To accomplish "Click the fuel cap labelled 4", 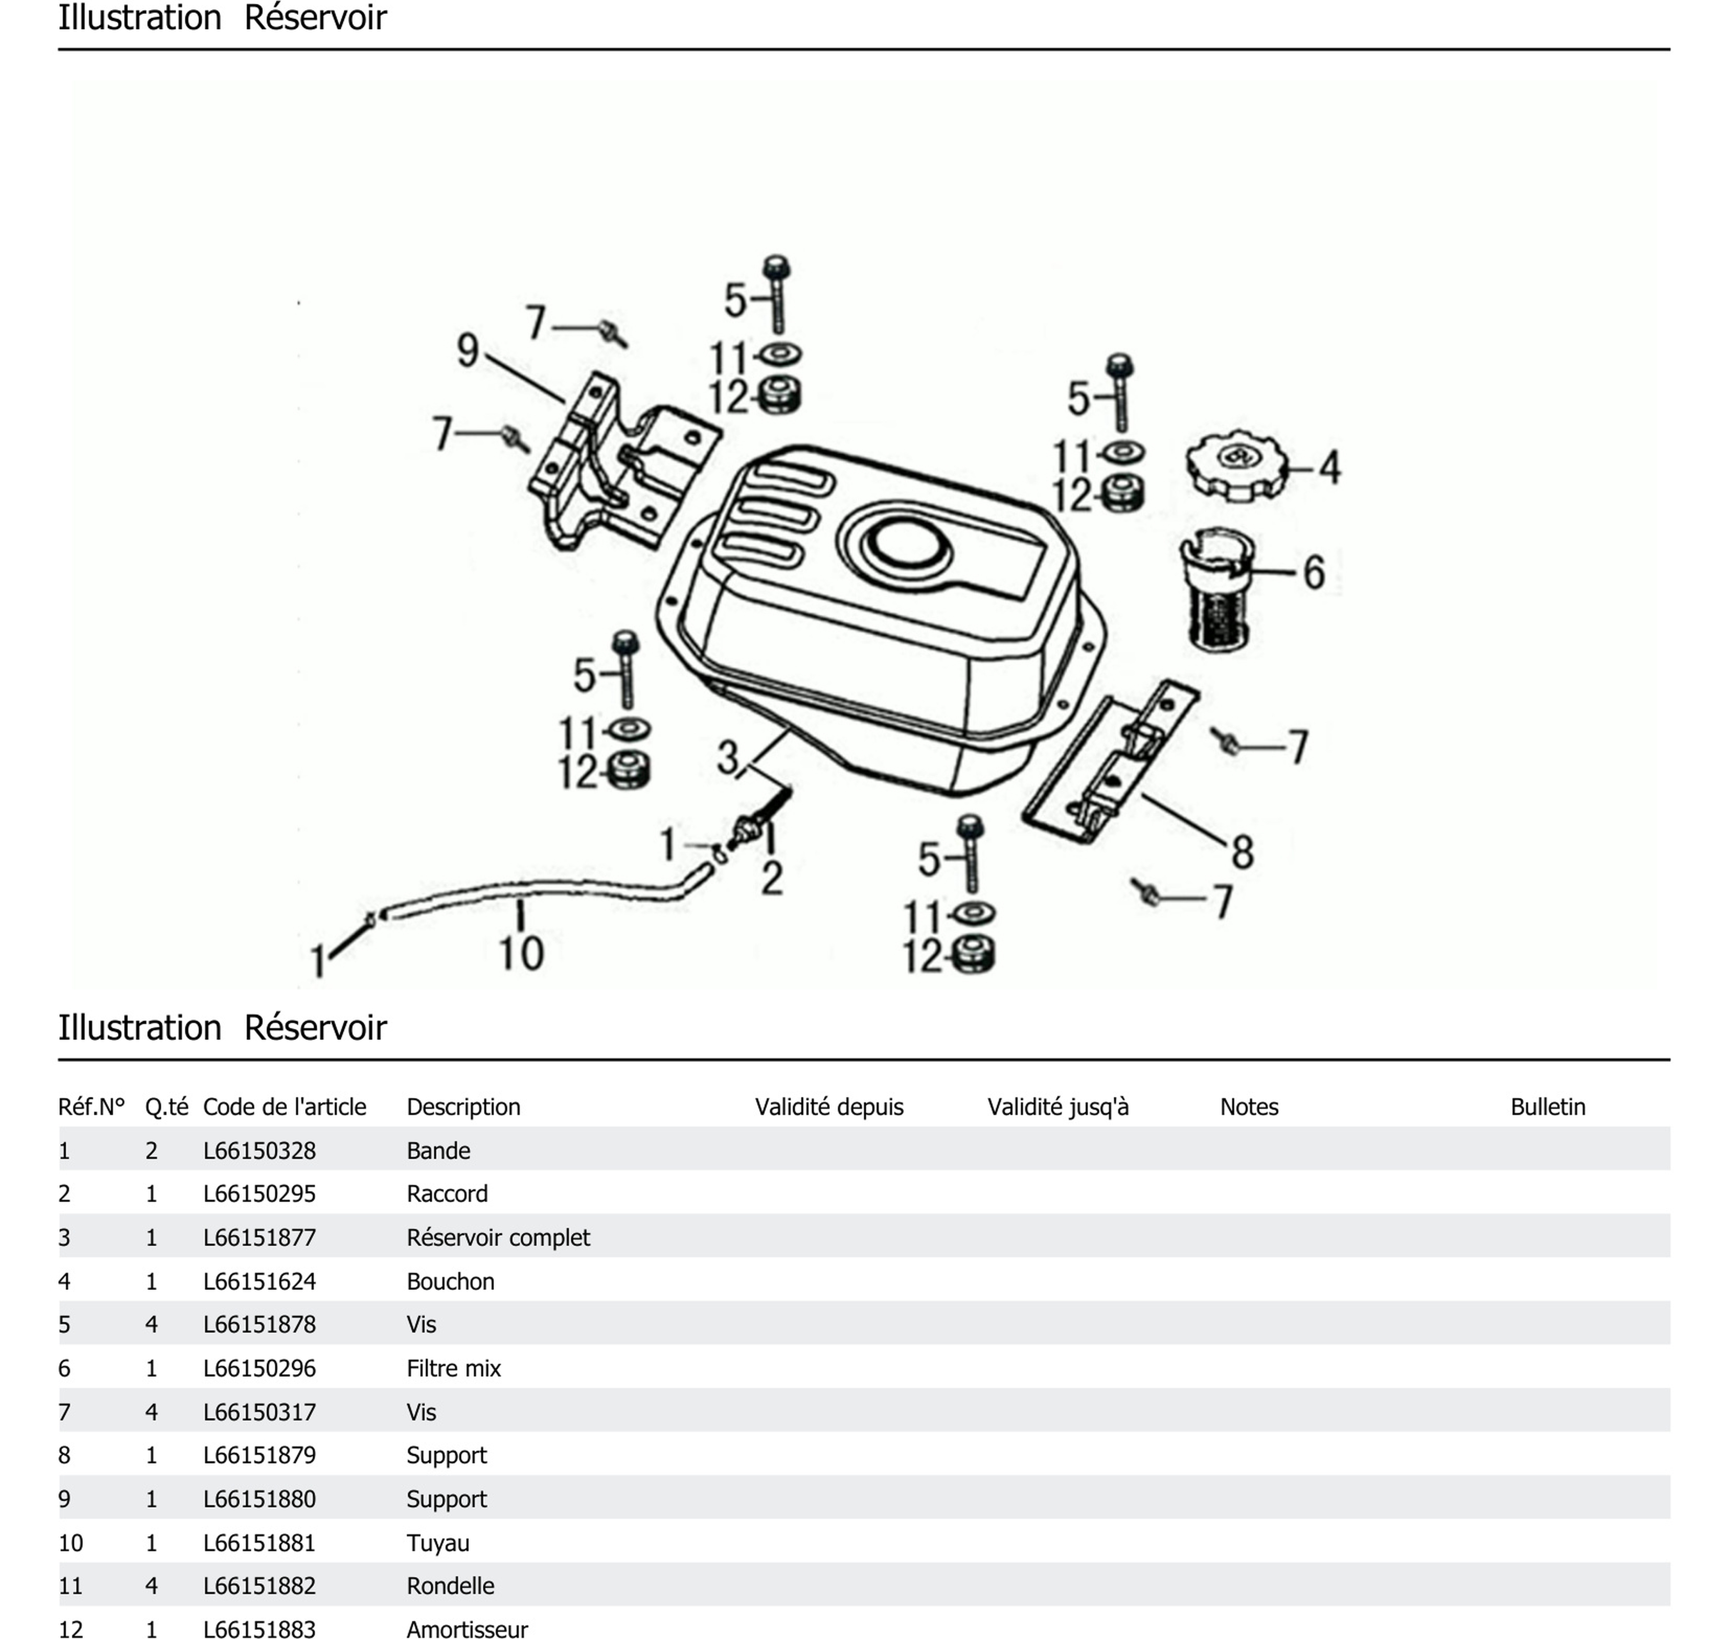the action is [1236, 465].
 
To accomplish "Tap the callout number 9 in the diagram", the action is [468, 350].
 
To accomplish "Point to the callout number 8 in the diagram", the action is [1243, 852].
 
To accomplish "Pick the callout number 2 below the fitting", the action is [771, 878].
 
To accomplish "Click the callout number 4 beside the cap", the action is [1330, 468].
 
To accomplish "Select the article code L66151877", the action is [259, 1237].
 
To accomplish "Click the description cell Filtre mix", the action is [453, 1368].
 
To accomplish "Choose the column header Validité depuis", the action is [829, 1107].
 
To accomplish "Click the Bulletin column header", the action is [1548, 1107].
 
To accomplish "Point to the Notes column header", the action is [1248, 1107].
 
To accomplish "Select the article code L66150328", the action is [259, 1151].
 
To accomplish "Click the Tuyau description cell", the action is [438, 1543].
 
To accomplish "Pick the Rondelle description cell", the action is [450, 1586].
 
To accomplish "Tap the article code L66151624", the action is [259, 1282].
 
